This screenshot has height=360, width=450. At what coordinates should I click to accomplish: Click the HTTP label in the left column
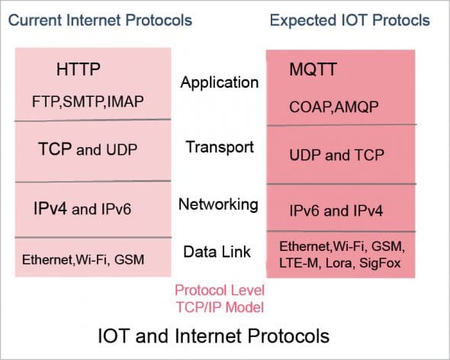[79, 71]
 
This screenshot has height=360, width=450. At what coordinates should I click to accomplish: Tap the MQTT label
[313, 71]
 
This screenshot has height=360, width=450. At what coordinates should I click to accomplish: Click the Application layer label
[220, 82]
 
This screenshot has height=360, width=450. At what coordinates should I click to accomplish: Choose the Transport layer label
[220, 146]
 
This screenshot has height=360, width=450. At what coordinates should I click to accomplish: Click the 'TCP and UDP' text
[88, 149]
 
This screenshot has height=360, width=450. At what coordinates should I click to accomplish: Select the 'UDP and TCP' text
[336, 156]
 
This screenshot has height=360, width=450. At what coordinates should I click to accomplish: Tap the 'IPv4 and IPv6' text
[82, 207]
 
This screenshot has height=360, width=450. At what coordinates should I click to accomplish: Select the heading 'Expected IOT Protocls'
[349, 19]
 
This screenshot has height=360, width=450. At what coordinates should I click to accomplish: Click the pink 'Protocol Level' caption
[219, 291]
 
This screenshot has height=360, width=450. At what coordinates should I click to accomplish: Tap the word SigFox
[384, 263]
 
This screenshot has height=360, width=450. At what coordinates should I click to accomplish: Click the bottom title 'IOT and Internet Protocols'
[214, 335]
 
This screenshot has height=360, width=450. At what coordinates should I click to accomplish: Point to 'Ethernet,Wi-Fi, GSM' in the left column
[83, 260]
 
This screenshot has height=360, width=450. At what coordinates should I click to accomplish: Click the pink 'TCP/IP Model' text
[219, 307]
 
